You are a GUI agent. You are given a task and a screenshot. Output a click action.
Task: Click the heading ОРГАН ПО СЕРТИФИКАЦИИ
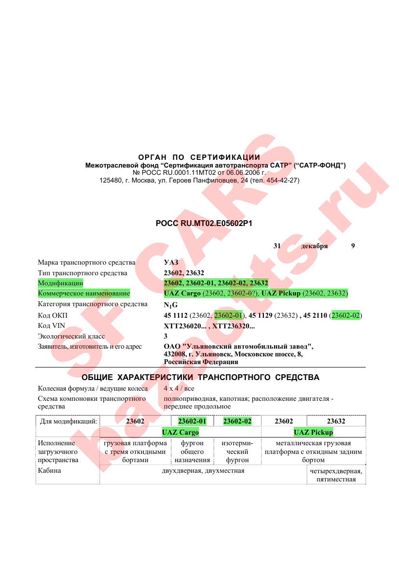tap(199, 157)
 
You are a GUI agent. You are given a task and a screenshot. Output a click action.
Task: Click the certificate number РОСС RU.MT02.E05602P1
tap(204, 224)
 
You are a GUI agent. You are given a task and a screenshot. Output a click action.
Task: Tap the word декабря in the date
tap(314, 246)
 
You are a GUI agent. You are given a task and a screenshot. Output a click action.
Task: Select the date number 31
tap(277, 246)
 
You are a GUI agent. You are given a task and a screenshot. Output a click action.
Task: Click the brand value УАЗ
tap(171, 263)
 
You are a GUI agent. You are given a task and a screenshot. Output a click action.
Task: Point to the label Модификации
tap(61, 283)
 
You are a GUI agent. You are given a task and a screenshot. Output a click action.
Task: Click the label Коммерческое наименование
tap(84, 294)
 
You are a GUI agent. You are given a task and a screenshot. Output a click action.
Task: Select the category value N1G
tap(171, 305)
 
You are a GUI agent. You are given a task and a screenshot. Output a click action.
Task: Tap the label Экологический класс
tap(71, 336)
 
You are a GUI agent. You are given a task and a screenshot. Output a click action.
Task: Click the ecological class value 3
tap(166, 336)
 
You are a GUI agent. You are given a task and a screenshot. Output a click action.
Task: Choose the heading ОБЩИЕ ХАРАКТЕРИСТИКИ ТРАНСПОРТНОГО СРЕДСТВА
tap(200, 377)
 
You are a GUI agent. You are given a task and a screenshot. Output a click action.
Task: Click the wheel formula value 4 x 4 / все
tap(179, 388)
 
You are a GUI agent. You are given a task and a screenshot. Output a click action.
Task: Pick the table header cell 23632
tap(336, 421)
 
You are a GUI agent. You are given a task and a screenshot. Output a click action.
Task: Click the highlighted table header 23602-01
tap(192, 421)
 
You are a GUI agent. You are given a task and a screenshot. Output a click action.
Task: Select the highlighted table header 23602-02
tap(237, 421)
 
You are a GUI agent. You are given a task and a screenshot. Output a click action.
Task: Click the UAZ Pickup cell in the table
tap(313, 432)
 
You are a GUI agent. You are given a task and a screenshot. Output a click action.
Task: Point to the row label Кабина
tap(50, 470)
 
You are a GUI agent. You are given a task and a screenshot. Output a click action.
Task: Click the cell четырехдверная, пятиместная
tap(336, 475)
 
